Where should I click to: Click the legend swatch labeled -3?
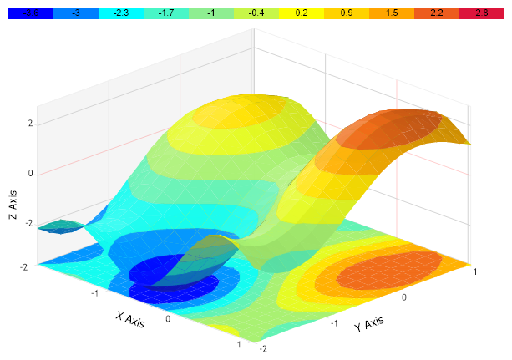(76, 14)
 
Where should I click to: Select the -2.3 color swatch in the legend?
(121, 14)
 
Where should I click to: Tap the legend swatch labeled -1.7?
(166, 14)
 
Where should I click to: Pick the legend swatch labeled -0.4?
(256, 14)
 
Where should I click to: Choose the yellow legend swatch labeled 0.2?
(302, 14)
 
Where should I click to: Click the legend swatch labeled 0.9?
(347, 14)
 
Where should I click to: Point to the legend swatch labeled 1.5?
(392, 14)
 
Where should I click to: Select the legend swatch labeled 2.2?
(437, 14)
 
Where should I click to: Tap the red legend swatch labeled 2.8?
(482, 14)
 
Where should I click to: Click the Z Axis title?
(13, 204)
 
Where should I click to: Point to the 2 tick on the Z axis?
(30, 124)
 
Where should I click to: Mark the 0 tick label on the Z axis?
(30, 174)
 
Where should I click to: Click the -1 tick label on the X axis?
(96, 293)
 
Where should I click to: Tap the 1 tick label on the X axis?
(240, 343)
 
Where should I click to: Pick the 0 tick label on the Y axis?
(403, 297)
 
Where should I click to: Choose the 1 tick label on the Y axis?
(474, 271)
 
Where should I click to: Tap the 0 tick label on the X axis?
(169, 318)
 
